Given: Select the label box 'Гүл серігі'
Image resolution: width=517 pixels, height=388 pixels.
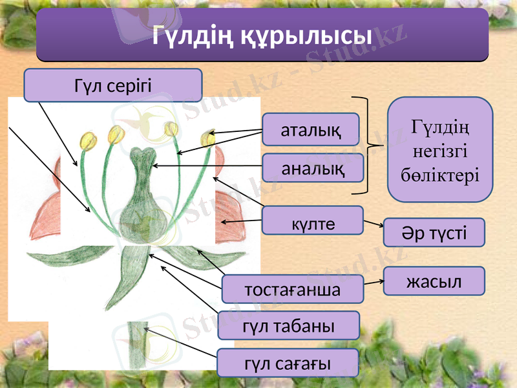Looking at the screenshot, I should click(x=113, y=85).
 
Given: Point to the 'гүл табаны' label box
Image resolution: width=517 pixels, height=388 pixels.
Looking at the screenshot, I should click(x=288, y=325).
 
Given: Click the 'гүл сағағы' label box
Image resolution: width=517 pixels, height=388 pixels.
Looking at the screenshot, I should click(x=288, y=363).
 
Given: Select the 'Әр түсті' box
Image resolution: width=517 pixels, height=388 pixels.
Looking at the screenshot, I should click(x=434, y=233).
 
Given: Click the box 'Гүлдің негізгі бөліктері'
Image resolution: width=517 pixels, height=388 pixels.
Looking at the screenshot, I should click(x=439, y=149).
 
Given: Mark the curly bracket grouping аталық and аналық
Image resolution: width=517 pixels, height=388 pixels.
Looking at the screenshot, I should click(x=370, y=145).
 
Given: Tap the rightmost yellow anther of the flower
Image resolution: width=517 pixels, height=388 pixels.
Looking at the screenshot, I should click(x=208, y=137).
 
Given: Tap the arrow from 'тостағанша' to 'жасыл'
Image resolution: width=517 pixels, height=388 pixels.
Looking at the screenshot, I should click(x=373, y=282).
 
